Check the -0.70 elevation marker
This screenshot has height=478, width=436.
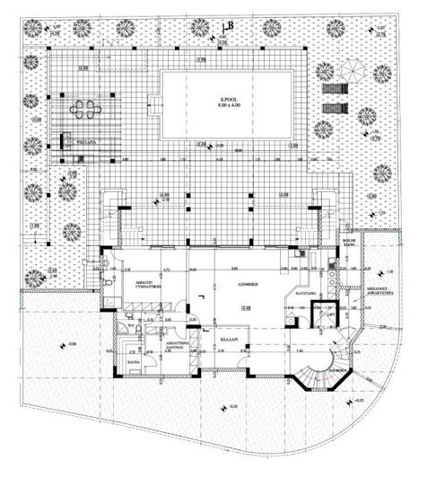coord(233,405)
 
